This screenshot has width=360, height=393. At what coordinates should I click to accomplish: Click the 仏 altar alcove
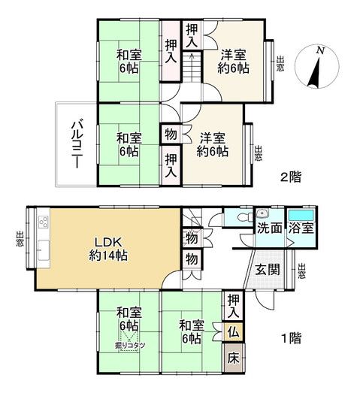234,330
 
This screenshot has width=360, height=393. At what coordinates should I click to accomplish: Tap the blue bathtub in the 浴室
302,215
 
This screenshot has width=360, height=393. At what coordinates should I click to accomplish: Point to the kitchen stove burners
41,222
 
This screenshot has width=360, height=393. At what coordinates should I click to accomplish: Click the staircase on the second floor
191,69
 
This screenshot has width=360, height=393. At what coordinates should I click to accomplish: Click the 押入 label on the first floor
234,304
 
